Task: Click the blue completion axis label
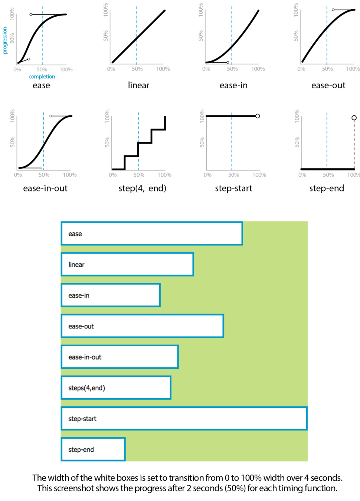click(42, 77)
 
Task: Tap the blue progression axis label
click(5, 40)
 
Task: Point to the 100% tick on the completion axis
click(66, 69)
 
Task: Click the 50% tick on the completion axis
click(42, 69)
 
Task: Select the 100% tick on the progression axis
click(12, 14)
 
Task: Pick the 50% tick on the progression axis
click(12, 38)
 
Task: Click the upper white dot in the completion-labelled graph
click(31, 14)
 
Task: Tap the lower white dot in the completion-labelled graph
click(29, 59)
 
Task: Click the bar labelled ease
click(152, 234)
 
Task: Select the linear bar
click(127, 265)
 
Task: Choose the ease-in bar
click(111, 295)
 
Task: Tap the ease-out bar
click(143, 326)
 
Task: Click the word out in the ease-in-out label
click(96, 357)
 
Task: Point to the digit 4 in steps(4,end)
click(88, 388)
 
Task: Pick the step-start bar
click(184, 419)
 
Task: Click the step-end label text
click(81, 450)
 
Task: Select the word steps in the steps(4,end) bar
click(76, 388)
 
